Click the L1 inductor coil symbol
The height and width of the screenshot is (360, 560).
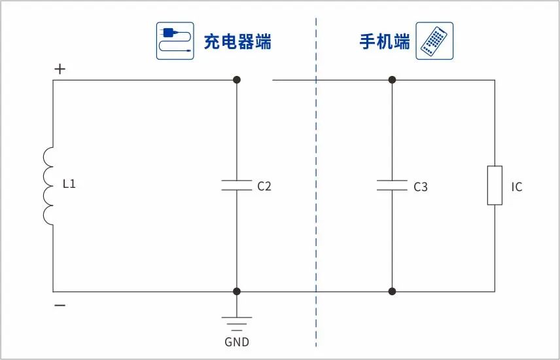49,186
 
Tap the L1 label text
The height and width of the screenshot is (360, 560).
69,185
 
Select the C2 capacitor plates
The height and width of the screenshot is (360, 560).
237,185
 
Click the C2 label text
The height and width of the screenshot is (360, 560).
264,187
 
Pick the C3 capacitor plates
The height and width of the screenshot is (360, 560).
392,185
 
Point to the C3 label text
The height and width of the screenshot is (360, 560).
420,187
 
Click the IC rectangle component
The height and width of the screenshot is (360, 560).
495,186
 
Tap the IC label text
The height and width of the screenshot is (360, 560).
517,187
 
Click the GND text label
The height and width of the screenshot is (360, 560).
237,342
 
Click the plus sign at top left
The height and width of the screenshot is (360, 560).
60,69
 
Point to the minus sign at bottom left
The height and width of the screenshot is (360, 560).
60,306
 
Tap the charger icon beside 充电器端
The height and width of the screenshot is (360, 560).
175,41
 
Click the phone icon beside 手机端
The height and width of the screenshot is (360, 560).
434,41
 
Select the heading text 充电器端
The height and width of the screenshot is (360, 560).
237,43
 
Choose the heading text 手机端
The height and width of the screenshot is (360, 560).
385,43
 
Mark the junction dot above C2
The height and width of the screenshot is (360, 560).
237,80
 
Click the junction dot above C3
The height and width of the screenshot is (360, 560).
392,80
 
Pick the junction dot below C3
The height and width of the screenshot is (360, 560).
392,291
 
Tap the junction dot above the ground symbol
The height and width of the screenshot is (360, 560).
237,291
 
